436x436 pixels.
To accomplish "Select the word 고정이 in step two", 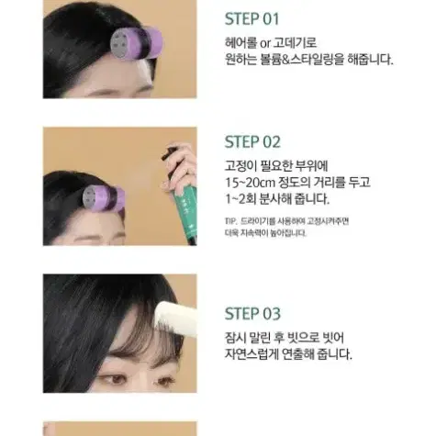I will (243, 167).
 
